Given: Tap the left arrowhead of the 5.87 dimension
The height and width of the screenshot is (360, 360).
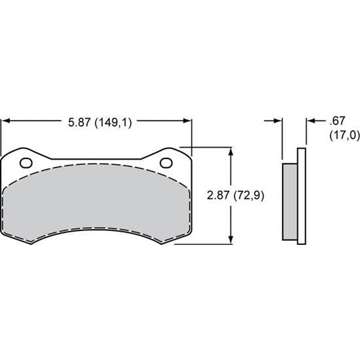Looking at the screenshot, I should [7, 121].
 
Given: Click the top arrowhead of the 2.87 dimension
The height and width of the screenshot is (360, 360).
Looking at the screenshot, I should [230, 151].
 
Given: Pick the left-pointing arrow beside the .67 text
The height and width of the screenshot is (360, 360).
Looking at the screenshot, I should [310, 121].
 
